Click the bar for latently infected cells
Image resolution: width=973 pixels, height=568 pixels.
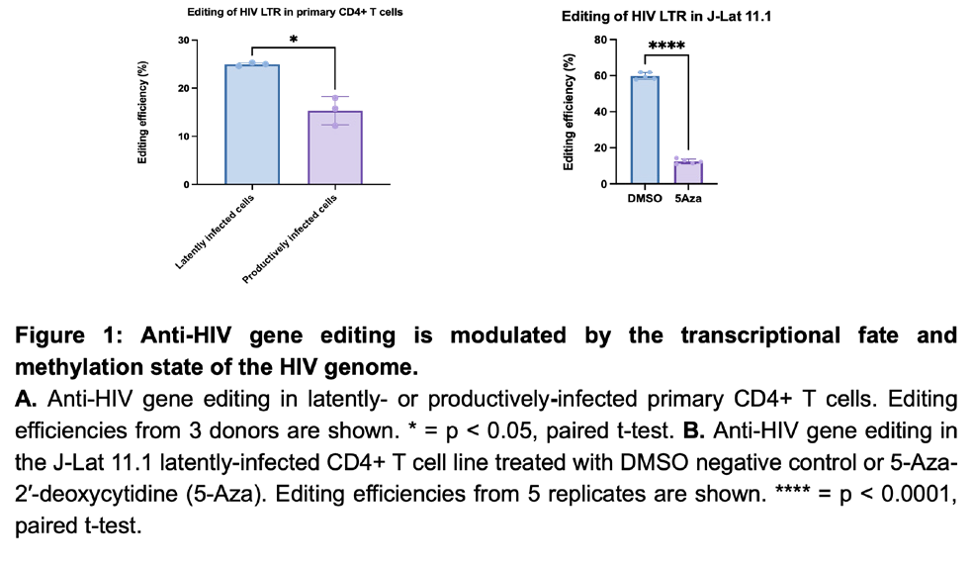point(252,124)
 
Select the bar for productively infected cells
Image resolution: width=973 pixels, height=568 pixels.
point(335,147)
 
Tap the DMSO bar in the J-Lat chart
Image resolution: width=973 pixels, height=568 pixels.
point(645,130)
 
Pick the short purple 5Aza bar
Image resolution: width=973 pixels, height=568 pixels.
point(688,172)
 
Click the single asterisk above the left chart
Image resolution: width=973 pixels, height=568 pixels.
point(294,40)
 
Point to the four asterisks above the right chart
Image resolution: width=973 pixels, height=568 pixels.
point(666,46)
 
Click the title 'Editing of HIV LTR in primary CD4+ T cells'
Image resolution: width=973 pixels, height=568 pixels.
point(295,12)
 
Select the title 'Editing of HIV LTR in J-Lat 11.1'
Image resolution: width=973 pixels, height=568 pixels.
point(665,16)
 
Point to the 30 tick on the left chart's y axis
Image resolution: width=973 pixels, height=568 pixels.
point(184,41)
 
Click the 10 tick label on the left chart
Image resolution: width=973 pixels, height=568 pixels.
point(184,137)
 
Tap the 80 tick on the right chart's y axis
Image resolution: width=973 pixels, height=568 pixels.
point(600,40)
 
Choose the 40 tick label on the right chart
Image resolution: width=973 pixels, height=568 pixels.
point(600,112)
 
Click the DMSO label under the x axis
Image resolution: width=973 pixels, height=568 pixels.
point(645,199)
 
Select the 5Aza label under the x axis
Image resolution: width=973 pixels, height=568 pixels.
point(688,199)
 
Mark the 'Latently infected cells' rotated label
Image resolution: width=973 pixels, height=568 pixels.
point(215,232)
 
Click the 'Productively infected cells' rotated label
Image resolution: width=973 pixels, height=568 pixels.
point(289,239)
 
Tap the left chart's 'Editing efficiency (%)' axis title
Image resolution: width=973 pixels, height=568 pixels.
point(142,113)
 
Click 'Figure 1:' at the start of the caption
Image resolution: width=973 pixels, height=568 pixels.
point(69,335)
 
